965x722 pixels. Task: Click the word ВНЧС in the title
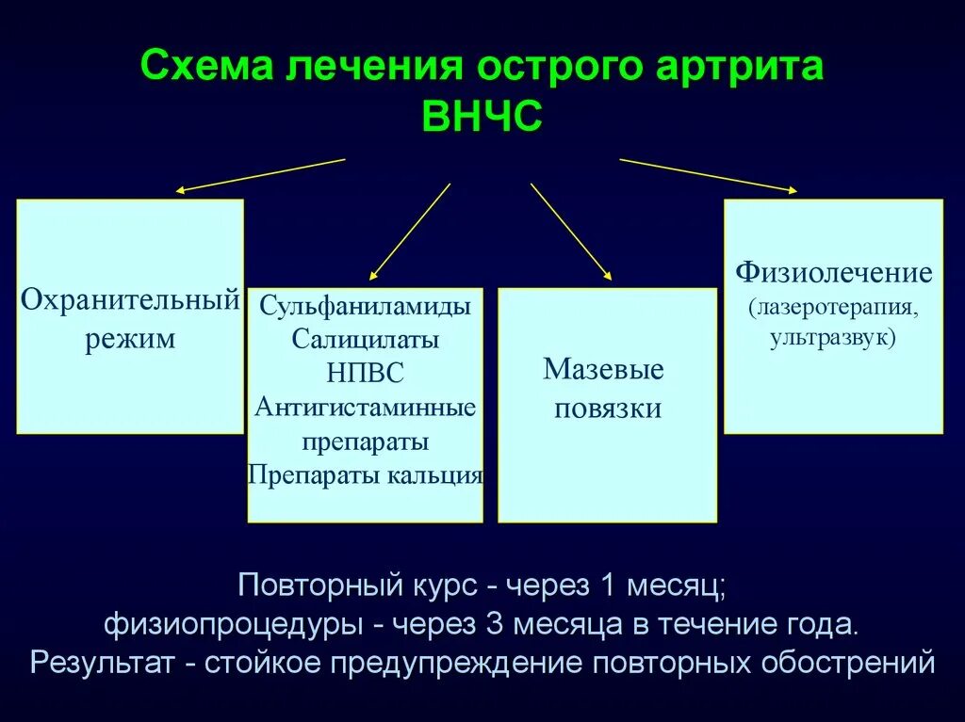[482, 120]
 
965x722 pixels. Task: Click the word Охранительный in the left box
[130, 301]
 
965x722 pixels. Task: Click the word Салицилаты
[365, 338]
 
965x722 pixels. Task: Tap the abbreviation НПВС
[365, 373]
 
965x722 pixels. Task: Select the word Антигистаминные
[365, 407]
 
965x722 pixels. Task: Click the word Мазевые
[603, 368]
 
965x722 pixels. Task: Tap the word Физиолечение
[834, 273]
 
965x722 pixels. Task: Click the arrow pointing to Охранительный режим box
[260, 175]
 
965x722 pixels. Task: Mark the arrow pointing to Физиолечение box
[707, 175]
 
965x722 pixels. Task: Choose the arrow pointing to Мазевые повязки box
[570, 231]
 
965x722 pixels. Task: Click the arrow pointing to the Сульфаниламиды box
[410, 232]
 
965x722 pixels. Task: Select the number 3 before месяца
[497, 623]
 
